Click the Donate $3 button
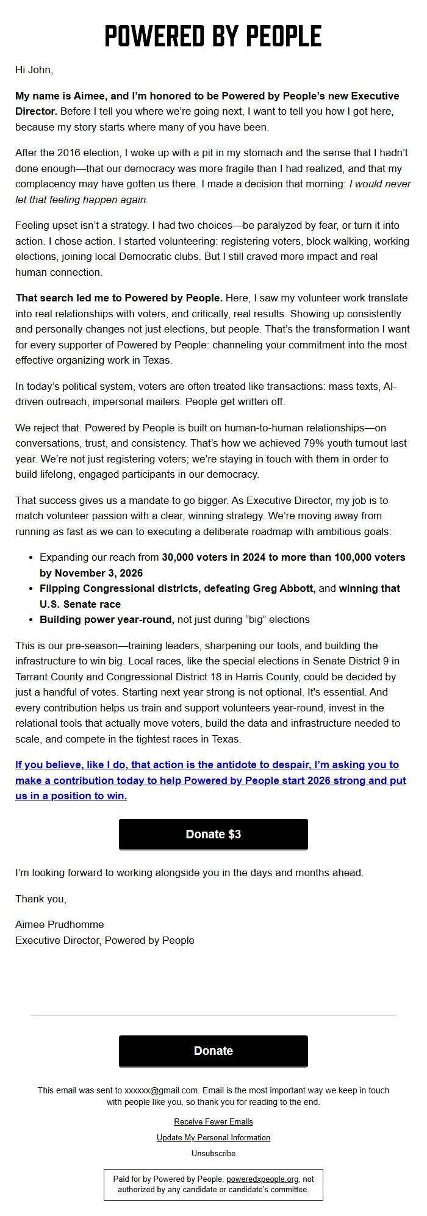pyautogui.click(x=213, y=834)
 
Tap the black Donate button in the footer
pyautogui.click(x=213, y=1051)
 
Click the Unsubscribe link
pyautogui.click(x=213, y=1153)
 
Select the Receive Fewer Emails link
pyautogui.click(x=213, y=1121)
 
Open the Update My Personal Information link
pyautogui.click(x=213, y=1137)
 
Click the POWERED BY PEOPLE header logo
pyautogui.click(x=213, y=37)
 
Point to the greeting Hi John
pyautogui.click(x=34, y=70)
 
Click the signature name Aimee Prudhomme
pyautogui.click(x=60, y=924)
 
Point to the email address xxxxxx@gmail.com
pyautogui.click(x=162, y=1090)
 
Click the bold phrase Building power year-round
pyautogui.click(x=107, y=619)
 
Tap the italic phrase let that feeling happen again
pyautogui.click(x=81, y=200)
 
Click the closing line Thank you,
pyautogui.click(x=41, y=899)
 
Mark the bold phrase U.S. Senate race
pyautogui.click(x=80, y=604)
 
